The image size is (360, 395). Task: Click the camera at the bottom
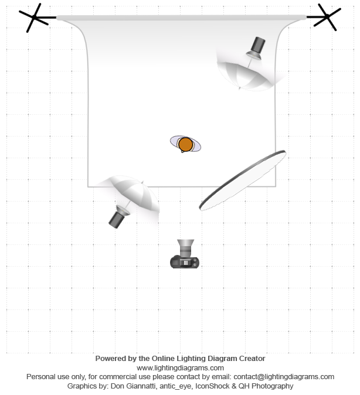(x=185, y=254)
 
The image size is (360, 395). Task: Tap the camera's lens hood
(x=185, y=244)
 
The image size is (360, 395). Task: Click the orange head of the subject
(x=185, y=144)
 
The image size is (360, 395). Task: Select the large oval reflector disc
(x=243, y=181)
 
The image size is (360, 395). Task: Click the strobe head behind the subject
(x=256, y=49)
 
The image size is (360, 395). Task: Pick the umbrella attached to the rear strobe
(x=244, y=76)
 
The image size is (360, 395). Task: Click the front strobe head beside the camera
(x=118, y=217)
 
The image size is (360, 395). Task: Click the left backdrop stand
(x=35, y=18)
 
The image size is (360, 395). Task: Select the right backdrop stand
(x=327, y=17)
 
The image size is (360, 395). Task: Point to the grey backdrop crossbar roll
(x=181, y=18)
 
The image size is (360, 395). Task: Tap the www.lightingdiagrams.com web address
(x=180, y=368)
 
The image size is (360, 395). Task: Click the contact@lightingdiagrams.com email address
(x=284, y=377)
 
